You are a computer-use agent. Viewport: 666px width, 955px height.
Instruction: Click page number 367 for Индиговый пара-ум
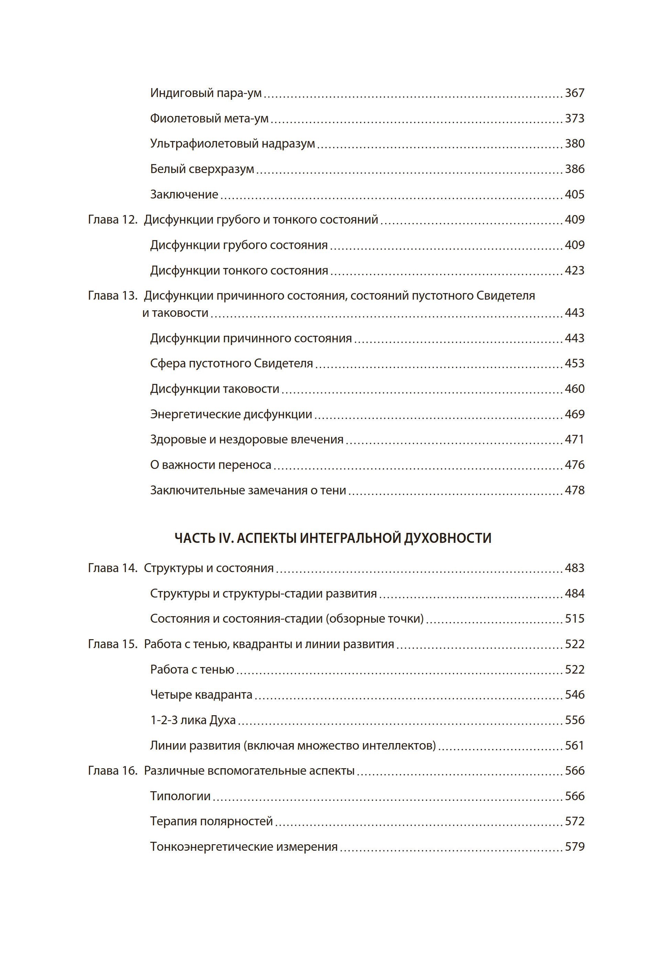coord(574,93)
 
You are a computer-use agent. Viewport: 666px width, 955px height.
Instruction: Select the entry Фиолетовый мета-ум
coord(209,119)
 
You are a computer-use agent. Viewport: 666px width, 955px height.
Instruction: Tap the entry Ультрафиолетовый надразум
coord(232,143)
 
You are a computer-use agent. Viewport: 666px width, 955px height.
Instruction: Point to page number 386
coord(574,169)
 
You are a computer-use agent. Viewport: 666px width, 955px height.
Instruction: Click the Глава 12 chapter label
coord(112,219)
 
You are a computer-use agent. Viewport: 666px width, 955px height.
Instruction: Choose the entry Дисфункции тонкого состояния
coord(239,270)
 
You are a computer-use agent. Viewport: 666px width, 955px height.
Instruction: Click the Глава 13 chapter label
coord(112,296)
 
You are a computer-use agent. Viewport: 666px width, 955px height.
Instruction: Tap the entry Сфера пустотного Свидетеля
coord(231,363)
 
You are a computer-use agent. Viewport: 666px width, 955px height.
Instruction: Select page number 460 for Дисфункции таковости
coord(574,388)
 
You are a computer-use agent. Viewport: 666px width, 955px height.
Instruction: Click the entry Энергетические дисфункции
coord(231,414)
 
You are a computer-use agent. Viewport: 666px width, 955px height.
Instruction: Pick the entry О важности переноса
coord(210,465)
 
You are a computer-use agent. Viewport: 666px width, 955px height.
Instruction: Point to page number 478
coord(574,490)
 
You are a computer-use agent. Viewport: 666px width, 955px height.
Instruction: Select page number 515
coord(574,619)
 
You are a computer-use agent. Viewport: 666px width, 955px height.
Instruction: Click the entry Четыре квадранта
coord(201,695)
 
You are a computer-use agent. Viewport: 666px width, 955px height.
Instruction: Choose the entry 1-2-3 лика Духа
coord(193,720)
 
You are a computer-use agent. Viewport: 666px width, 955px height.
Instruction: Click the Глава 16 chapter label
coord(112,771)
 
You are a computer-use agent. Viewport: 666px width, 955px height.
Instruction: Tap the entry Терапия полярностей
coord(211,821)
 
